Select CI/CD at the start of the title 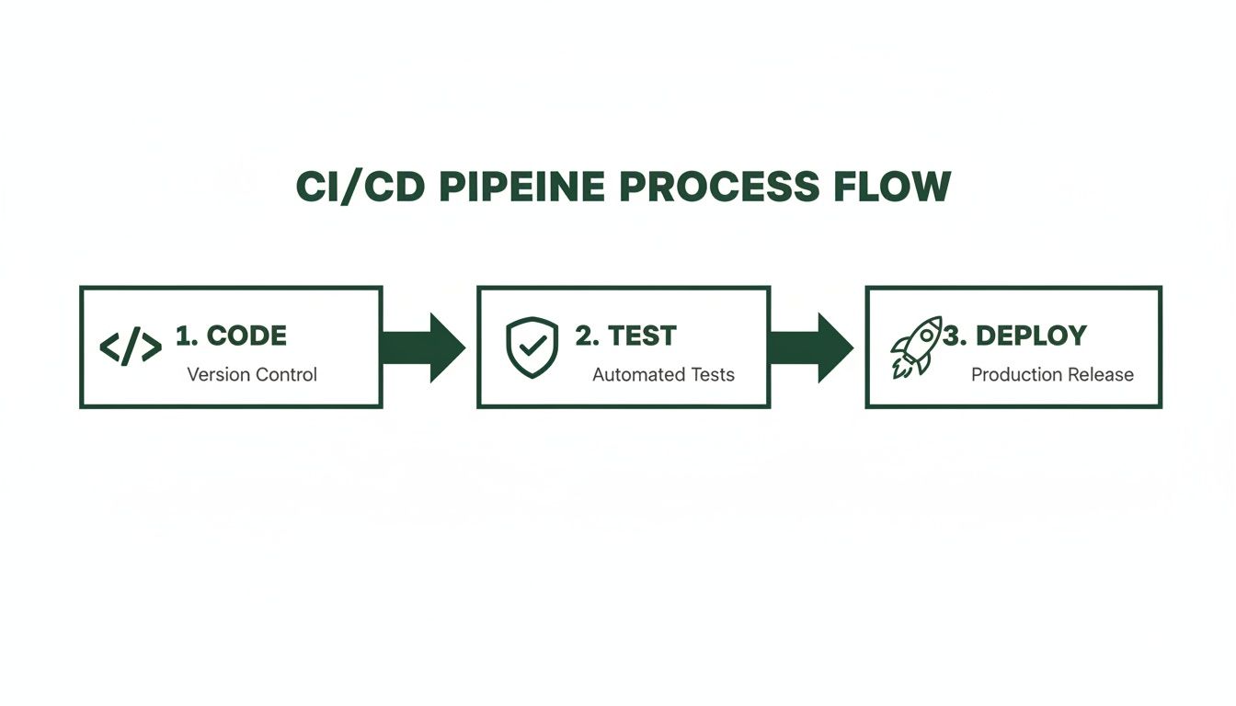(361, 188)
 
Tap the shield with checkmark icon (532, 347)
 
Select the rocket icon (916, 347)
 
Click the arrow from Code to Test (423, 347)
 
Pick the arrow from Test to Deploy (811, 347)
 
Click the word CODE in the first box (246, 336)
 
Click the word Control (286, 375)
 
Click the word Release (1100, 375)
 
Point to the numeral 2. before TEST (586, 336)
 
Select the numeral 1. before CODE (187, 336)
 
